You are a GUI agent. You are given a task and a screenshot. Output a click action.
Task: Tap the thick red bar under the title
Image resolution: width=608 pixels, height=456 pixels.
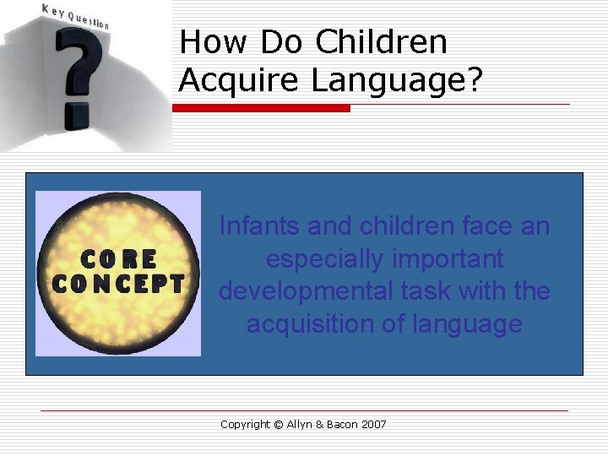click(x=261, y=108)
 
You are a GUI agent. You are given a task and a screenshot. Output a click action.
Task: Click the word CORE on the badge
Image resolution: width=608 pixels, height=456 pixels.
click(x=118, y=258)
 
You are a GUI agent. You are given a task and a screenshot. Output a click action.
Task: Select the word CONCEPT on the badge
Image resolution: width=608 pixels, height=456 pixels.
click(x=118, y=284)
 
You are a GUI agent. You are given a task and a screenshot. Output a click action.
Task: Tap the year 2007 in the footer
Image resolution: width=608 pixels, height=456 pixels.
click(x=373, y=424)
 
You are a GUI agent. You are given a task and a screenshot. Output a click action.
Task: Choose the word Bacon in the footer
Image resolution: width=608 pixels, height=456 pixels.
click(x=339, y=424)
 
